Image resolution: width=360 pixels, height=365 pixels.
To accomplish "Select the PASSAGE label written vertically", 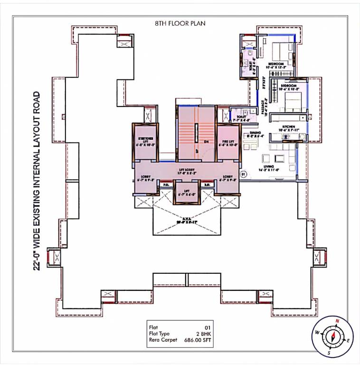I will pyautogui.click(x=264, y=108).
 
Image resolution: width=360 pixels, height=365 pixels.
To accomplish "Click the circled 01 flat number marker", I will pyautogui.click(x=243, y=174).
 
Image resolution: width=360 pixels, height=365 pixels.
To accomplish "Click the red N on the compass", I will pyautogui.click(x=337, y=321).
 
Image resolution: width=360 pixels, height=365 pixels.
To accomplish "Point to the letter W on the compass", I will pyautogui.click(x=317, y=332).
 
